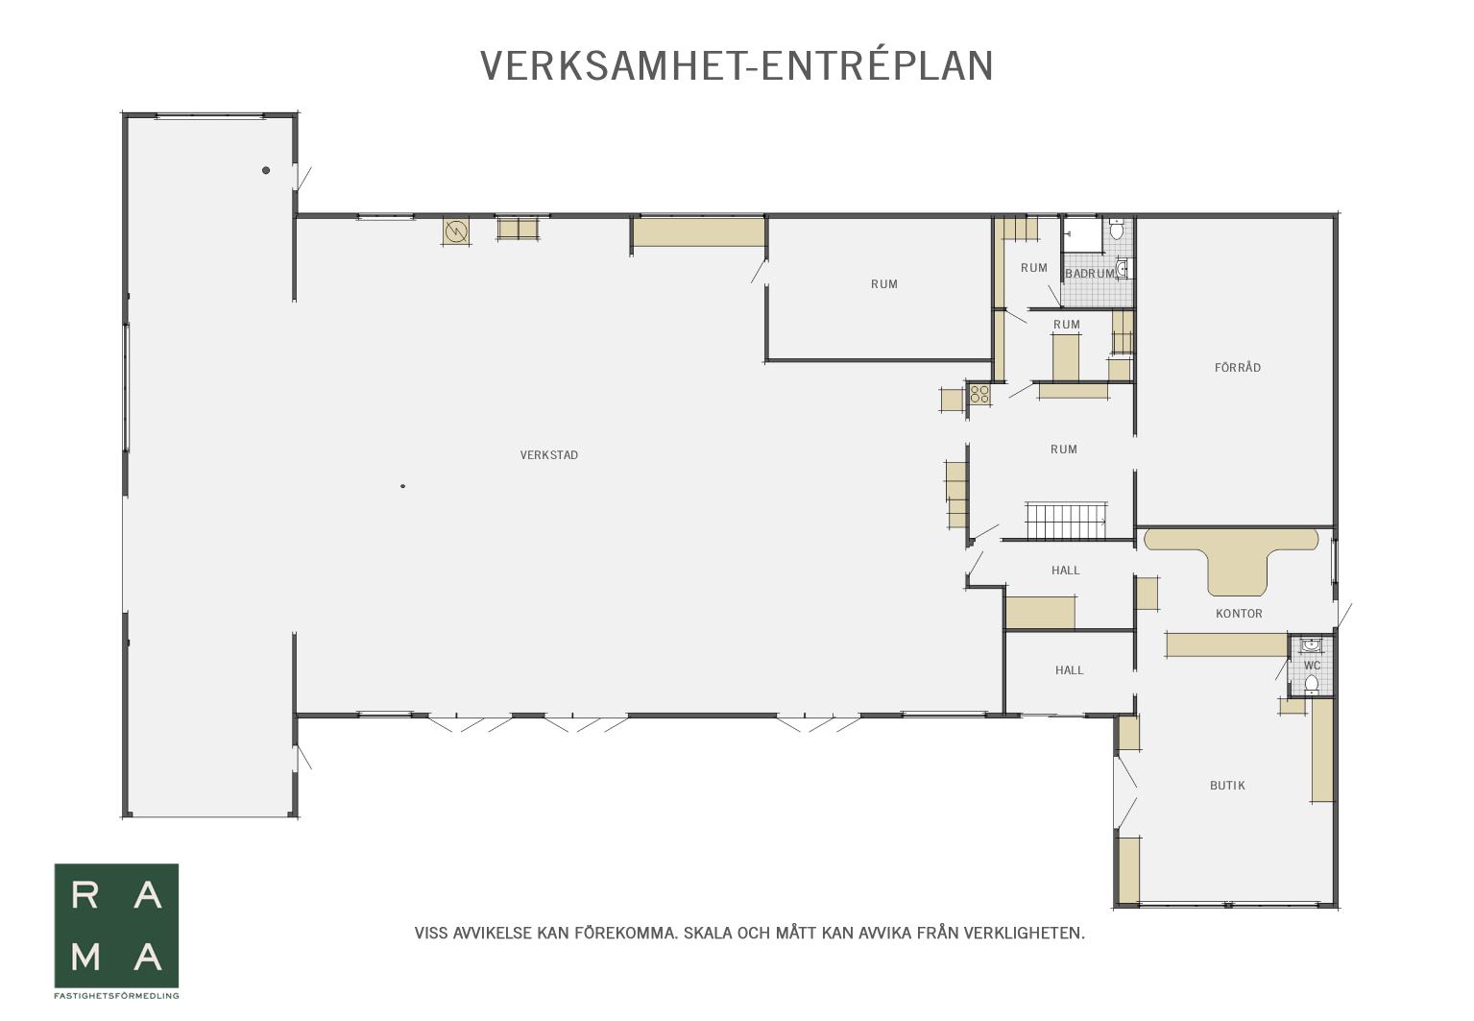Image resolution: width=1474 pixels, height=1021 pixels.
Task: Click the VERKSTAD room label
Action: coord(549,455)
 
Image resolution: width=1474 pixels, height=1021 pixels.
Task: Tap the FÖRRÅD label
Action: coord(1238,367)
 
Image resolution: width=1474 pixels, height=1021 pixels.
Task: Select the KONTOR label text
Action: coord(1239,614)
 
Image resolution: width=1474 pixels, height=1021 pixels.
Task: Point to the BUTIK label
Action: coord(1228,786)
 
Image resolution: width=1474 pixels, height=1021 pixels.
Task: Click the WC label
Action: coord(1312,666)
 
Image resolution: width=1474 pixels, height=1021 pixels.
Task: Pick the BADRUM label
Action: coord(1090,273)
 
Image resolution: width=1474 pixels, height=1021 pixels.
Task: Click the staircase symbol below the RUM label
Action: coord(1067,522)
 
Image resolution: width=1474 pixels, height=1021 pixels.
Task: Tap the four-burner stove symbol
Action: coord(979,395)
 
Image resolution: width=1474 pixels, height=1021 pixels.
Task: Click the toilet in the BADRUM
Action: coord(1117,230)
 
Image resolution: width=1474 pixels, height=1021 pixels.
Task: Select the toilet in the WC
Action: coord(1312,684)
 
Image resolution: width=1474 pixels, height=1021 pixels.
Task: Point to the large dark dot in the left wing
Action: coord(266,171)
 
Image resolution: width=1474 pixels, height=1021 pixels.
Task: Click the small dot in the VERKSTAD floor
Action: coord(402,486)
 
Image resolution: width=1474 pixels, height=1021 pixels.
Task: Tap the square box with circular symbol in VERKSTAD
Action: coord(455,231)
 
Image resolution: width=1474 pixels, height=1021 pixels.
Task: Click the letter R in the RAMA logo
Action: coord(85,895)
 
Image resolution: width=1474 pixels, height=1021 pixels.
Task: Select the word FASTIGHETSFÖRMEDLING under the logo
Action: coord(116,995)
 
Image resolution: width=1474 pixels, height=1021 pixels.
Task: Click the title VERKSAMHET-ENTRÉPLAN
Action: coord(737,66)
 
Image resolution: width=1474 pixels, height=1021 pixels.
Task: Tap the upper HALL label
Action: coord(1065,571)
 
